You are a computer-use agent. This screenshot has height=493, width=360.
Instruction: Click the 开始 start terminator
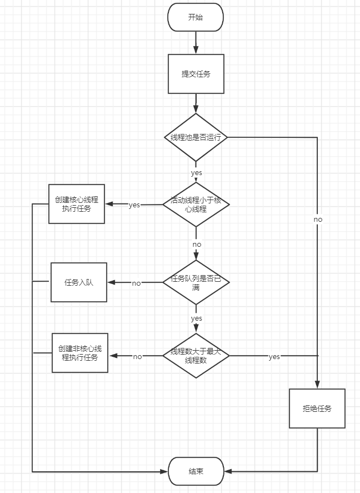[x=196, y=17]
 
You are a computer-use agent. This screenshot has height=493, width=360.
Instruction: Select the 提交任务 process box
[x=196, y=74]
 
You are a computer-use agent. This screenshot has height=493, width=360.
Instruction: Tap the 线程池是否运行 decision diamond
[x=196, y=137]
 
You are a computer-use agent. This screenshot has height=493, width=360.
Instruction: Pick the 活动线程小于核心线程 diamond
[x=196, y=205]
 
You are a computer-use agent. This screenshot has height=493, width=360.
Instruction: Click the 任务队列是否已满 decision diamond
[x=196, y=282]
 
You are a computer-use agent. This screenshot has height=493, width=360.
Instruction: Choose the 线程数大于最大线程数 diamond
[x=196, y=356]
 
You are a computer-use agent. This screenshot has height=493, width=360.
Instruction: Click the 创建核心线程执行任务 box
[x=77, y=204]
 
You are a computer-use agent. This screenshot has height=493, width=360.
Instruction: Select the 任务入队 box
[x=79, y=282]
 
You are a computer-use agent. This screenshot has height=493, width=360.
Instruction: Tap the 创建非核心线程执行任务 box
[x=80, y=353]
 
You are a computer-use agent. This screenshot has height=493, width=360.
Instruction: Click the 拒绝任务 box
[x=317, y=409]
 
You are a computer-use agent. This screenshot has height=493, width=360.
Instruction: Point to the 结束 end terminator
[x=196, y=471]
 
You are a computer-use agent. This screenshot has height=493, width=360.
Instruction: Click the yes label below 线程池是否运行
[x=196, y=173]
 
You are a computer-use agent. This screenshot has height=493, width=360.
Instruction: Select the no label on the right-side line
[x=318, y=220]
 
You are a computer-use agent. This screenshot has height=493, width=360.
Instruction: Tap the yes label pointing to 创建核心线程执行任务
[x=134, y=205]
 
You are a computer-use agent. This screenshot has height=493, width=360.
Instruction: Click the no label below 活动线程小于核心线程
[x=197, y=244]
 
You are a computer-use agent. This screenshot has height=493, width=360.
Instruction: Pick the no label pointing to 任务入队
[x=136, y=283]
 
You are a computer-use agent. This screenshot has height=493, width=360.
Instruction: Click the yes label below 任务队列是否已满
[x=196, y=318]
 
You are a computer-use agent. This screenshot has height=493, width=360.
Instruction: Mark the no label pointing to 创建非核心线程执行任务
[x=137, y=356]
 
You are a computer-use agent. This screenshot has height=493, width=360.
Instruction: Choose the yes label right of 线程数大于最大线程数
[x=274, y=357]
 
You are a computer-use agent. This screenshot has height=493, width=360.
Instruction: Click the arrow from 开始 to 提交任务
[x=196, y=42]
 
